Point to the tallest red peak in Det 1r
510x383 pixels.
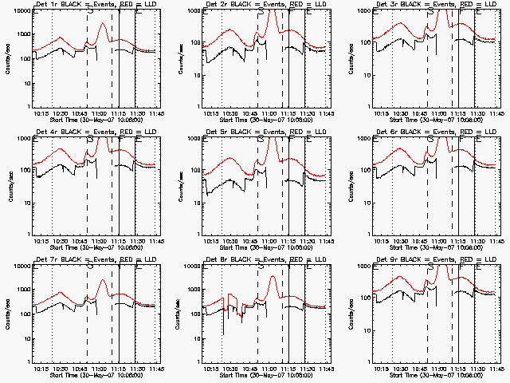103,24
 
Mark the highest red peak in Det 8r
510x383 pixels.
273,277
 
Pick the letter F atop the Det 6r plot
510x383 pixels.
461,138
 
